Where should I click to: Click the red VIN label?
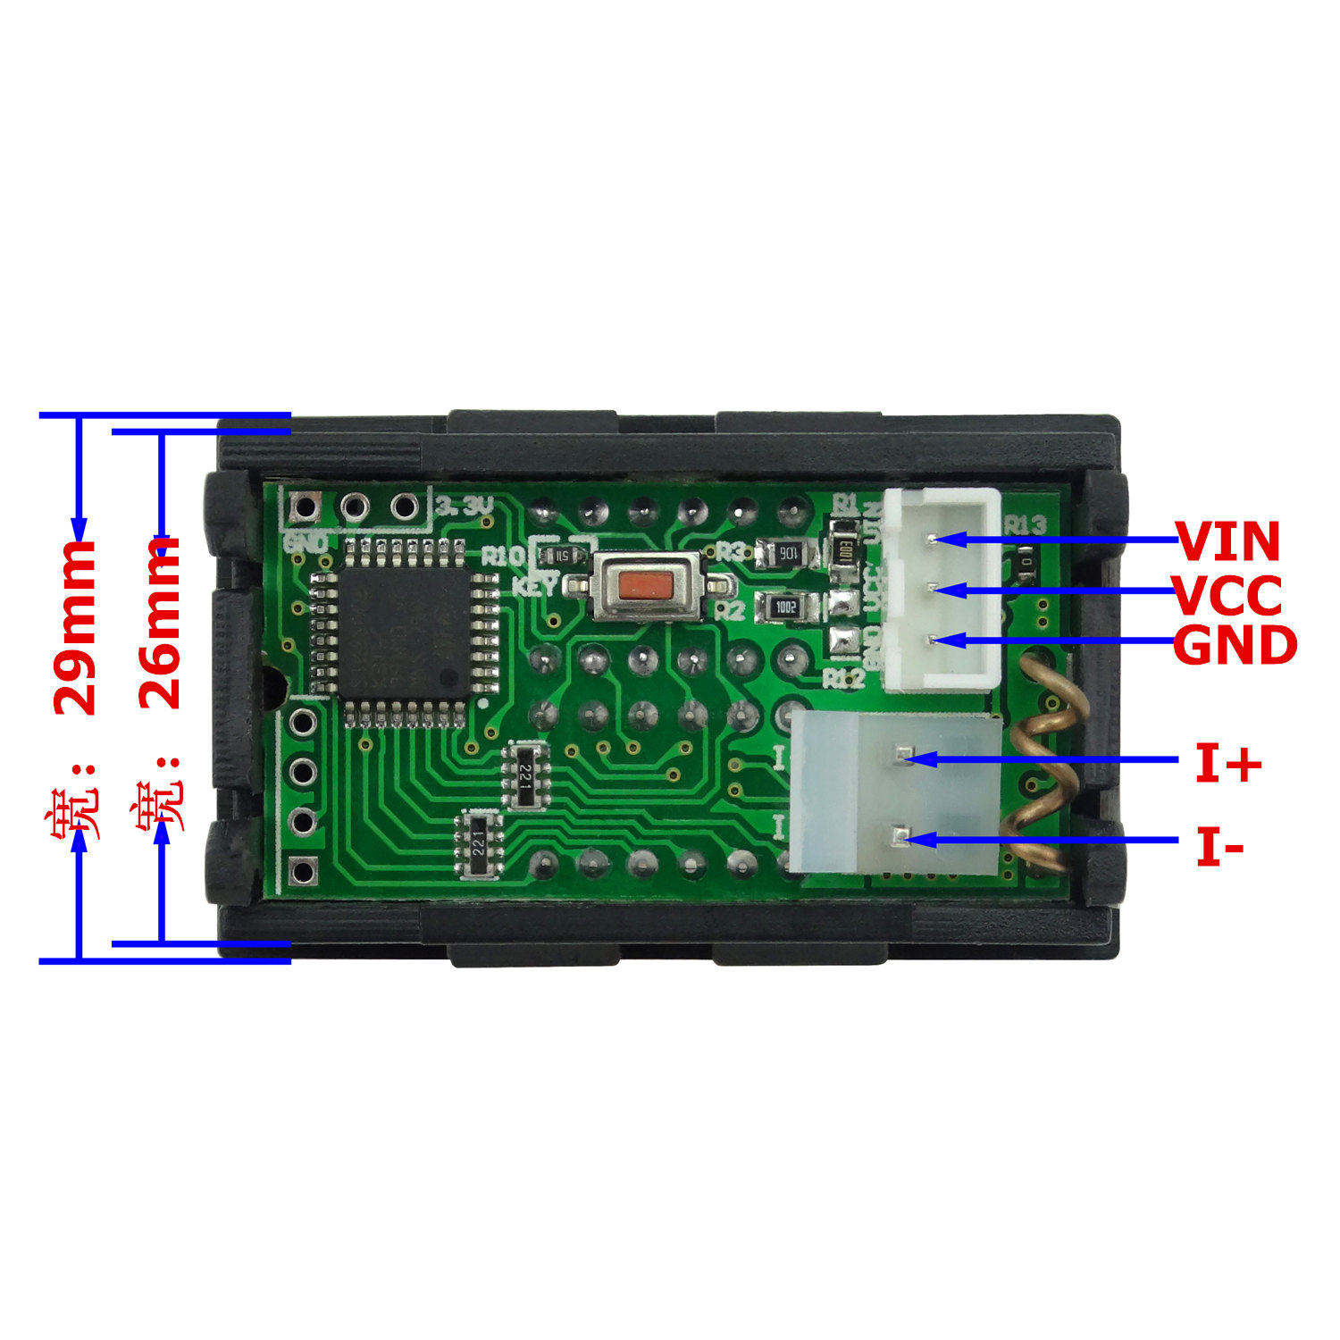1227,540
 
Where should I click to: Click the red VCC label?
1227,596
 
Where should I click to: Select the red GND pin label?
1235,645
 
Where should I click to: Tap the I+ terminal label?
1228,765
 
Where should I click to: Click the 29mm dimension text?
75,625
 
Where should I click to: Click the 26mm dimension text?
161,623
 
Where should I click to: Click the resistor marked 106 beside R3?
787,554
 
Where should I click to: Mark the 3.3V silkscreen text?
465,507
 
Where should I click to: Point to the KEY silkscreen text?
535,587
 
